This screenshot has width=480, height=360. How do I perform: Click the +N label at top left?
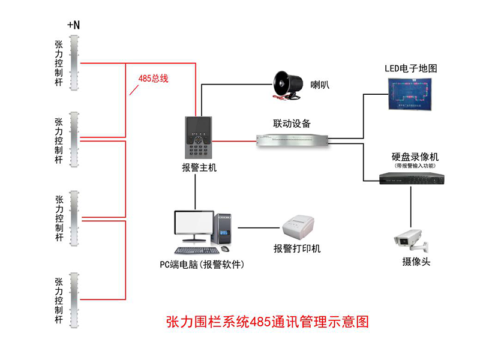click(74, 25)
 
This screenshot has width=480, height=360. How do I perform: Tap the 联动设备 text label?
click(292, 124)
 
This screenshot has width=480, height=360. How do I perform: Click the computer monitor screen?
click(193, 225)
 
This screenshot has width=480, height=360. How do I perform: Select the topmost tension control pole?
click(74, 62)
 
